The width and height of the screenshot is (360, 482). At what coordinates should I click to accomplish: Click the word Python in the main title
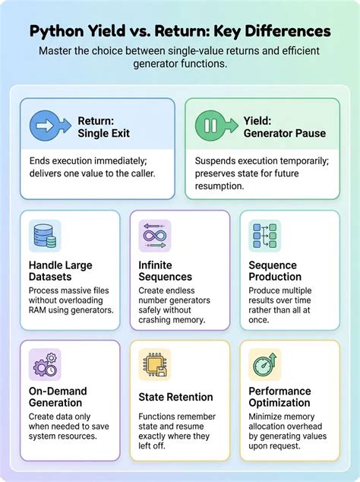coord(56,31)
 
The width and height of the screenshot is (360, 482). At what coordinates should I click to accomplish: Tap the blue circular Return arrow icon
coord(50,125)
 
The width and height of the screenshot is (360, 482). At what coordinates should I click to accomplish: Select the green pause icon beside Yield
coord(216,125)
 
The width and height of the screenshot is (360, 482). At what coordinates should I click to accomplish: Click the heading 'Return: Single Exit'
coord(103,127)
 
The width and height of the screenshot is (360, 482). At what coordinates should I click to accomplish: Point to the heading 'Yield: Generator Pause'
coord(285,127)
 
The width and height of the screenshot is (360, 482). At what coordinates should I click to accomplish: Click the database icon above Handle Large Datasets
coord(45,236)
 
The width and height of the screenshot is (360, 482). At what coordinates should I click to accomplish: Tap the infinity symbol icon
coord(155,236)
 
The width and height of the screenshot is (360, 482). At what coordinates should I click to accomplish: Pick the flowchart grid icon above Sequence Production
coord(265,236)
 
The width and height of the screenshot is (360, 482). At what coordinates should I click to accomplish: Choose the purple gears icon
coord(45,365)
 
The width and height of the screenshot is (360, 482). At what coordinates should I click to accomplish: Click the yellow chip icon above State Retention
coord(155,365)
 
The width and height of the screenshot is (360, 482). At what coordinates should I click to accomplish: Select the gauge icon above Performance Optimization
coord(265,365)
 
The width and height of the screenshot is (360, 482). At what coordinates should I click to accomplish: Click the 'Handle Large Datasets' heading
coord(61,271)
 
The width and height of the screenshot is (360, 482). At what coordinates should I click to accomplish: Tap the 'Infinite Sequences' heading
coord(166,271)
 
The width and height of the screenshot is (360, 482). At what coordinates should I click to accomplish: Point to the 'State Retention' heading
coord(175,397)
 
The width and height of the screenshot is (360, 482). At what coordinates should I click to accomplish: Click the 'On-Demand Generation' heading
coord(58,397)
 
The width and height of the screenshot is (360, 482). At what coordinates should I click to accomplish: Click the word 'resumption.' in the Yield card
coord(219,186)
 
